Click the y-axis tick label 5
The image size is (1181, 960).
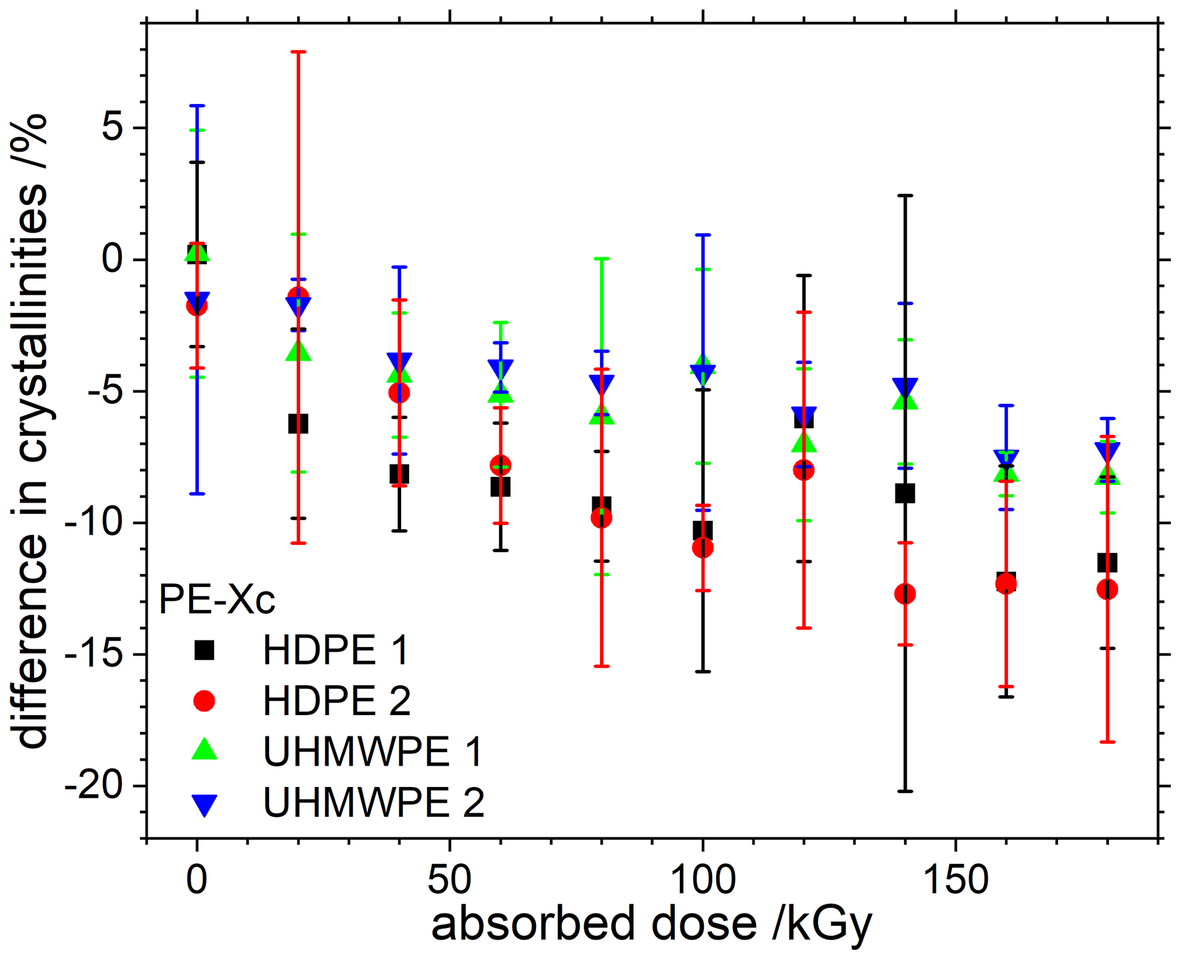click(x=112, y=128)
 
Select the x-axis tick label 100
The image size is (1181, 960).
click(x=702, y=880)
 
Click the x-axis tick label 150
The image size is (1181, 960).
click(x=955, y=880)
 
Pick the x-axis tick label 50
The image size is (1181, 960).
click(x=450, y=880)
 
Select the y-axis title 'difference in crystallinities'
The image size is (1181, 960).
click(x=33, y=431)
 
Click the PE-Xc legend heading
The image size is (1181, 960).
click(x=217, y=600)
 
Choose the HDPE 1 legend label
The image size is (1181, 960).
click(x=335, y=650)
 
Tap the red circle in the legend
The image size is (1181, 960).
click(x=204, y=700)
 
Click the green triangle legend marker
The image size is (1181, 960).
click(x=204, y=749)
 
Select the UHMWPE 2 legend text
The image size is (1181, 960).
click(x=374, y=802)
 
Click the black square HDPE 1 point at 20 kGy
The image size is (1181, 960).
click(x=298, y=424)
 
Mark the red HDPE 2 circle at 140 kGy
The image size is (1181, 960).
click(x=904, y=594)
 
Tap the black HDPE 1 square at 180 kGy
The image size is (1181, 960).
click(x=1107, y=563)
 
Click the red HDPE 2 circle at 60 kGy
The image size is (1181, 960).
click(x=501, y=465)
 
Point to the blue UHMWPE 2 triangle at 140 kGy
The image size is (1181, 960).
click(x=904, y=388)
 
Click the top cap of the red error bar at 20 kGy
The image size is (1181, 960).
click(x=298, y=52)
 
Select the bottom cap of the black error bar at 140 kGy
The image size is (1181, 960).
click(x=905, y=792)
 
